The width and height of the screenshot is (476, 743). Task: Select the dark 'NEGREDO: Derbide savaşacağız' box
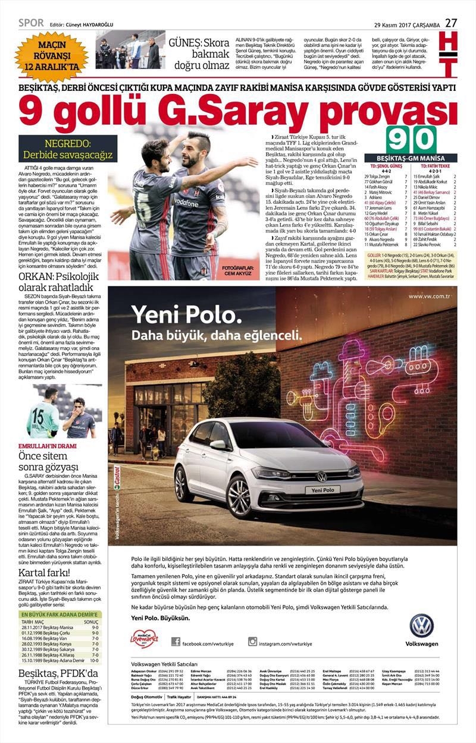point(67,149)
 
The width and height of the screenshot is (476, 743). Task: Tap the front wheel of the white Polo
point(239,496)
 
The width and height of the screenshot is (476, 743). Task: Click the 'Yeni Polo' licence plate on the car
point(321,490)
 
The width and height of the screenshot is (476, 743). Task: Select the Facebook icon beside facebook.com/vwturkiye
point(176,641)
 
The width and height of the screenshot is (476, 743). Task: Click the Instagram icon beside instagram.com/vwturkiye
point(252,641)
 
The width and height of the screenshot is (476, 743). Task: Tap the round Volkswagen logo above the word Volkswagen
point(421,626)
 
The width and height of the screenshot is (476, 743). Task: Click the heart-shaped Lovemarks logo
point(143,639)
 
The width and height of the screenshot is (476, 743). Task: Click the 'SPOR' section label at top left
point(31,23)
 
